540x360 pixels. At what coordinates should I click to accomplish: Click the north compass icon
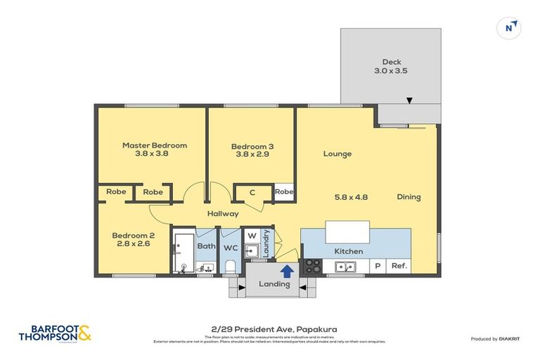point(510,27)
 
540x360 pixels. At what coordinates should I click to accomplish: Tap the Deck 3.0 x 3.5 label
point(392,66)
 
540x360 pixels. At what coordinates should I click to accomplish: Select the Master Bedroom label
point(155,150)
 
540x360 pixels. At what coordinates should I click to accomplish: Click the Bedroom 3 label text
point(252,151)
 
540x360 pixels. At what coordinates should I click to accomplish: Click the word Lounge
point(337,154)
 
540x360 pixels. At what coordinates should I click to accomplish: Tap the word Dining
point(409,197)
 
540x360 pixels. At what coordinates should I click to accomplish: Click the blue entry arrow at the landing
point(287,270)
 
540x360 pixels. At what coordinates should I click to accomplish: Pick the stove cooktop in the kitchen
point(312,266)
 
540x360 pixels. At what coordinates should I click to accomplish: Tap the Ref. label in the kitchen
point(399,266)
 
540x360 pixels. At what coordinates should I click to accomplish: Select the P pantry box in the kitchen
point(377,266)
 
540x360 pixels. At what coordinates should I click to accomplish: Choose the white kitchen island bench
point(347,231)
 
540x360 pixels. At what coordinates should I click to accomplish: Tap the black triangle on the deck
point(410,101)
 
